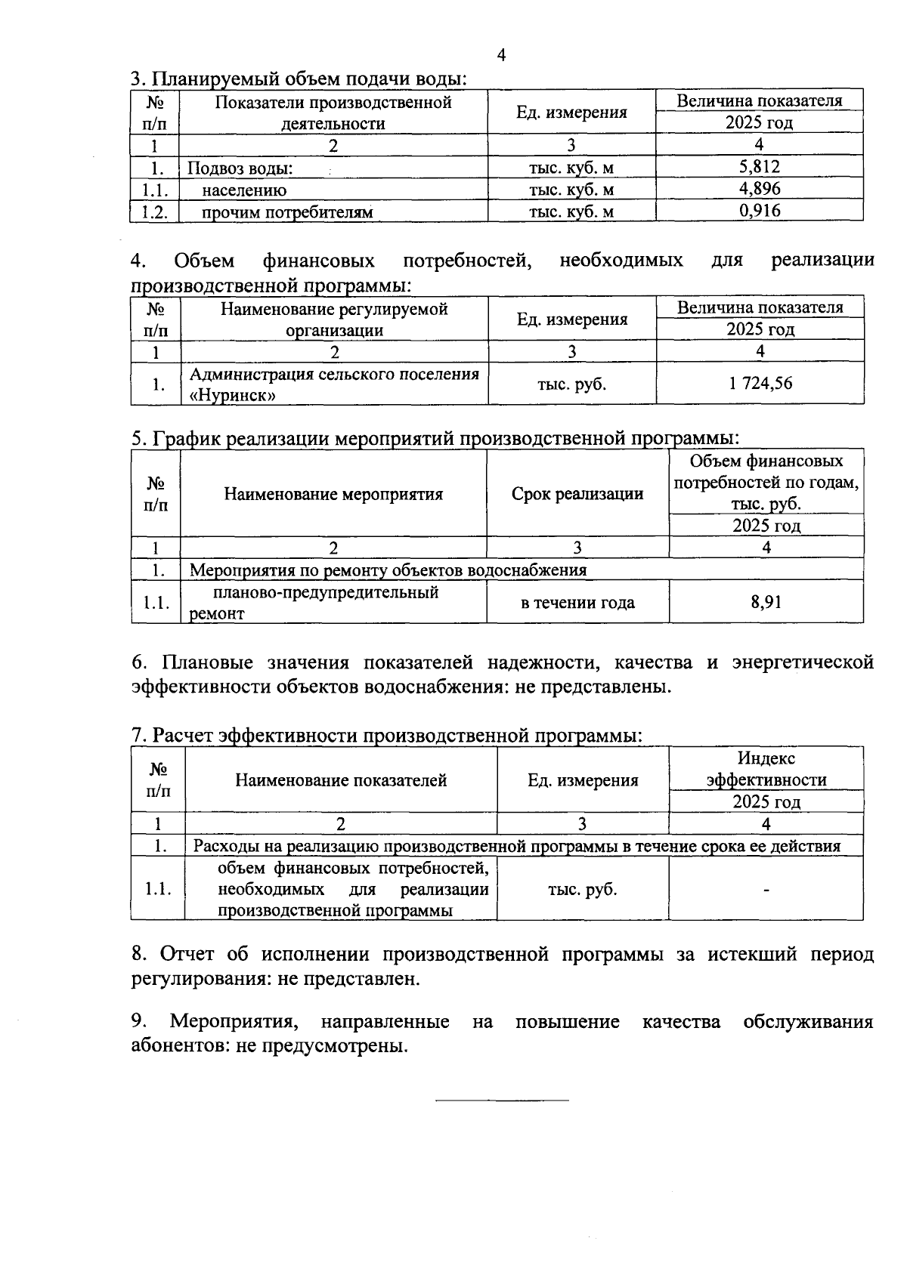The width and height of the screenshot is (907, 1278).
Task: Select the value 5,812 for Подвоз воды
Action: [x=759, y=167]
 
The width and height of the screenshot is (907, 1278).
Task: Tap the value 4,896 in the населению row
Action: [x=759, y=189]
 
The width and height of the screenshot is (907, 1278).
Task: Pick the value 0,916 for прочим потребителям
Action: [x=759, y=211]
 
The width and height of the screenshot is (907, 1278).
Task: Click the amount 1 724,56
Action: [x=760, y=384]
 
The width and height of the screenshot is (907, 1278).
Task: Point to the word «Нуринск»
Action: [x=232, y=395]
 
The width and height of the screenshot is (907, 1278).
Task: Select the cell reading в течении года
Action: [x=577, y=603]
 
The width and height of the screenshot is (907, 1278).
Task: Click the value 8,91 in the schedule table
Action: [x=766, y=602]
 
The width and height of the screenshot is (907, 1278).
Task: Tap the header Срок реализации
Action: [x=577, y=494]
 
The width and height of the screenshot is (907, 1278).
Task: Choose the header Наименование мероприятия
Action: [x=333, y=495]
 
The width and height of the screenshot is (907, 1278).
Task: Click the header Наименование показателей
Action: [x=341, y=780]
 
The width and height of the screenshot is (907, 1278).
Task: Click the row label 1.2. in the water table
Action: [x=154, y=211]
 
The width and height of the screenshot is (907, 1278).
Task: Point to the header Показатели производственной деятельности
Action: [x=333, y=113]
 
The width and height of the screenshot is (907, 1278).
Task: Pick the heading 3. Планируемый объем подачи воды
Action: [x=298, y=79]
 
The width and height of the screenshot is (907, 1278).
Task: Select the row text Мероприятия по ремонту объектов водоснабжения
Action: [x=388, y=570]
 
